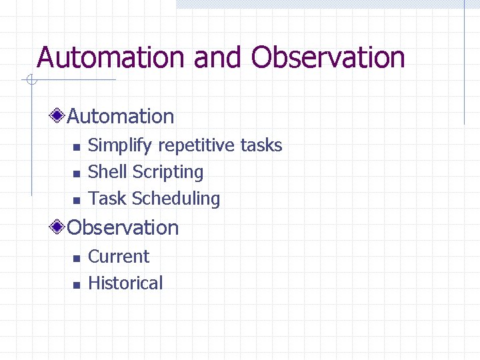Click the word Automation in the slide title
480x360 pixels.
(x=111, y=57)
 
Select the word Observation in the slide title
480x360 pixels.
(x=328, y=57)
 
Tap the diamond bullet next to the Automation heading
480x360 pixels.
(x=59, y=117)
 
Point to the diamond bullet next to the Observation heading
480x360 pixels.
(x=59, y=228)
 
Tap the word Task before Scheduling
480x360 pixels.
(x=107, y=199)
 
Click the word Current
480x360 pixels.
(x=119, y=257)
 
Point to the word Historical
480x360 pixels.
(x=125, y=283)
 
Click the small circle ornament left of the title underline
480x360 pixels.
(x=30, y=81)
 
